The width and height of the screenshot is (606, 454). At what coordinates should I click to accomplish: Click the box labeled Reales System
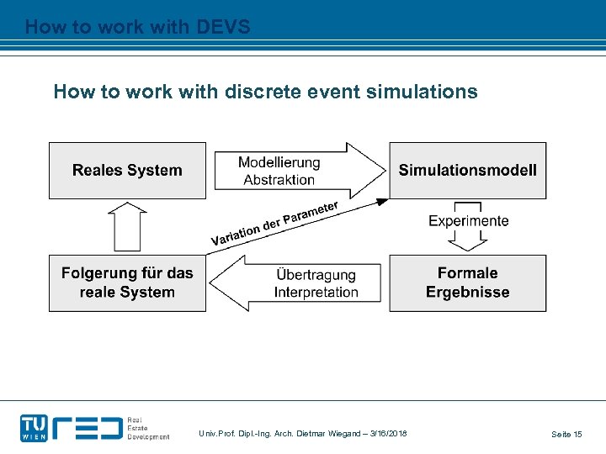pos(127,171)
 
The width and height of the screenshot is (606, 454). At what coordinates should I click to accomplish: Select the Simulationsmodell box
pos(467,171)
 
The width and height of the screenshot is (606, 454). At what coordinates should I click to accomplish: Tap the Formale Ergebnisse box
pos(467,283)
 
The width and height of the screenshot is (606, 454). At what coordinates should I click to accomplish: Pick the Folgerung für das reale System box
pos(127,283)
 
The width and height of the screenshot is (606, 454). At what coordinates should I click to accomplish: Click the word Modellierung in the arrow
pos(279,162)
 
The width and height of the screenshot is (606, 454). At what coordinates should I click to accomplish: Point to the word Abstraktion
pos(279,179)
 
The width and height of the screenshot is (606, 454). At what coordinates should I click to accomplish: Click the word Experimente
pos(468,221)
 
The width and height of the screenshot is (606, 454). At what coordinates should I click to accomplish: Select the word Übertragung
pos(316,275)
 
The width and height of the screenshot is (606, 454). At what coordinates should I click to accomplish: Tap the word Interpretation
pos(316,293)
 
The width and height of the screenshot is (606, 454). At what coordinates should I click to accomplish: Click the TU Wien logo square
pos(35,427)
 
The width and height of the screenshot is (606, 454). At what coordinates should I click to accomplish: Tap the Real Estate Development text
pos(147,428)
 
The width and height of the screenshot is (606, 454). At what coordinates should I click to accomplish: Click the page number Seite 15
pos(566,434)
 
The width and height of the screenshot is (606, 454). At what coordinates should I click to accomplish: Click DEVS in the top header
pos(221,27)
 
